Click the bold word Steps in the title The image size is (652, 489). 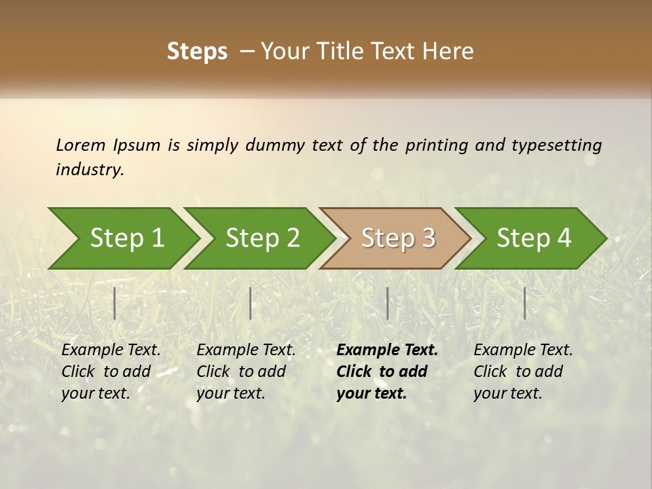(x=197, y=52)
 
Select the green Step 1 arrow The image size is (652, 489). (x=122, y=238)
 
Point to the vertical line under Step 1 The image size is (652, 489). (x=115, y=303)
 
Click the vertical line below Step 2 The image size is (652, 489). (x=251, y=303)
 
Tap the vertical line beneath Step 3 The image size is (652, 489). (x=387, y=303)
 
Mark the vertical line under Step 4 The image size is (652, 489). (x=525, y=303)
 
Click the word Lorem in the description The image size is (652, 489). (x=81, y=145)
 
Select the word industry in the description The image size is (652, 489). (x=90, y=170)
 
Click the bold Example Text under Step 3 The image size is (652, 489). (x=387, y=350)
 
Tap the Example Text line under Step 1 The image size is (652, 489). (x=111, y=350)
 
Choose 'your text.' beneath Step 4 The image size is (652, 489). (x=507, y=393)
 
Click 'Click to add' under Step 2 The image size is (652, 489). (x=241, y=372)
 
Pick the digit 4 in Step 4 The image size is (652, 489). (x=563, y=238)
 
